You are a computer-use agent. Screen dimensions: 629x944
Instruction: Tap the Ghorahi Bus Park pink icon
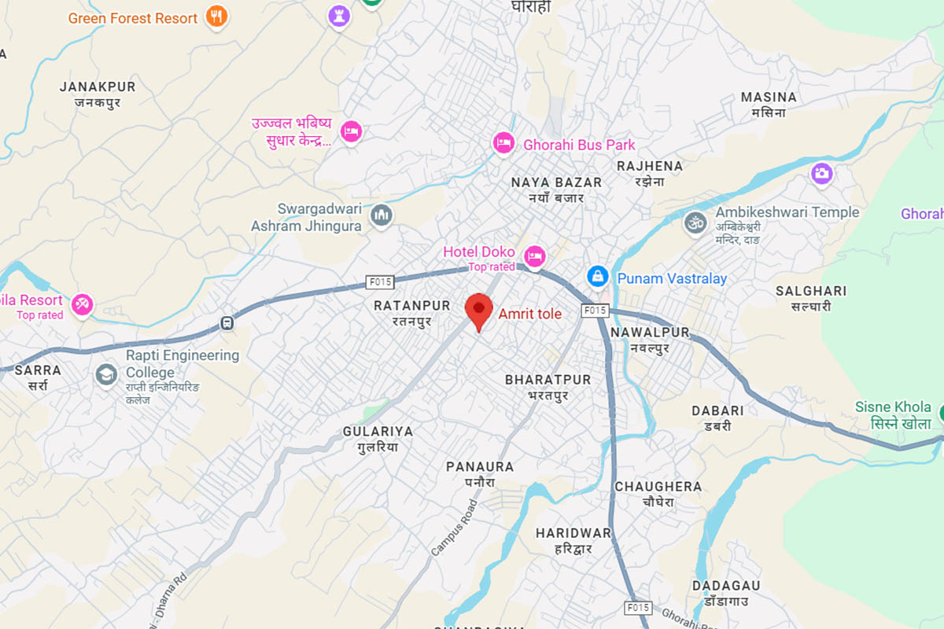503,143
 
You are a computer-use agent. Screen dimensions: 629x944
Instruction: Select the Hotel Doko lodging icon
535,255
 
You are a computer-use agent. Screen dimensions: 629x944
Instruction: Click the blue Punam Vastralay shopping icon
598,277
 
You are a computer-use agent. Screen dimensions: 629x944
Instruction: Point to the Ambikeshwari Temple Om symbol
694,222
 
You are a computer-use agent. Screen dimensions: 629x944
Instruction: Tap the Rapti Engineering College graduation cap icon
105,375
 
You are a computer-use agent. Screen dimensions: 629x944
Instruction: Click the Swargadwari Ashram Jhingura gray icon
382,215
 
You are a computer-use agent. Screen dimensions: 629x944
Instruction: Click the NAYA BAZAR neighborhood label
556,182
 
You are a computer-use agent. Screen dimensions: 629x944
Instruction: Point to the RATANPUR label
411,305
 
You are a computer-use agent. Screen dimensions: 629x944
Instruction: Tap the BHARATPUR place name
548,380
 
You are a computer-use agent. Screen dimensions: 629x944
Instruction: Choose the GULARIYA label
378,432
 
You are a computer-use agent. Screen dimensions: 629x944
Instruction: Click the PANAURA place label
479,467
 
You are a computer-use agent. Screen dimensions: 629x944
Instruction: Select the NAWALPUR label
650,333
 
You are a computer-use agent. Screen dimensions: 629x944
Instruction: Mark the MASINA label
769,97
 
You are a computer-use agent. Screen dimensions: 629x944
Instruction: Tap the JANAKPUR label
98,86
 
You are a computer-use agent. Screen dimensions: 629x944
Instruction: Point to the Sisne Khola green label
893,407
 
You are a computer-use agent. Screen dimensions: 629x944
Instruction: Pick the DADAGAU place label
726,586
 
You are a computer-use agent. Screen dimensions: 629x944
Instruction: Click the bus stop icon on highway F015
227,322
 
